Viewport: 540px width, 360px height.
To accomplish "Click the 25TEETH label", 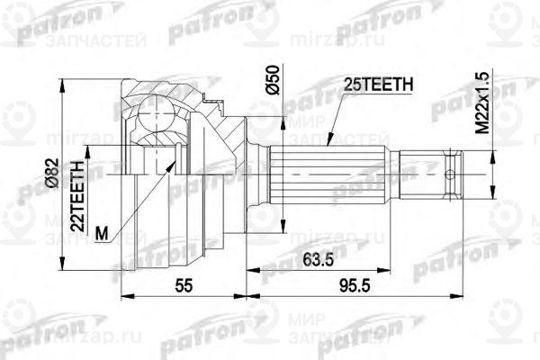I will point(379,85).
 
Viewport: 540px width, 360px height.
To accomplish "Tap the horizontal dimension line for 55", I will point(183,296).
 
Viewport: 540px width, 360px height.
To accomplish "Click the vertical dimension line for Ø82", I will point(62,171).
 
